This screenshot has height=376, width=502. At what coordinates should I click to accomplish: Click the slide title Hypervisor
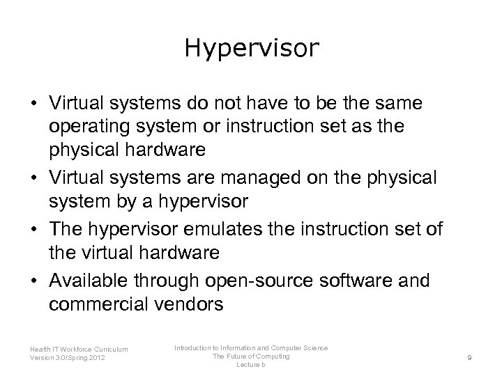point(251,48)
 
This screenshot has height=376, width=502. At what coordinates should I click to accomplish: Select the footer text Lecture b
point(252,365)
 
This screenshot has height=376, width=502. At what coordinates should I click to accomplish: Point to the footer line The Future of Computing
point(252,357)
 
